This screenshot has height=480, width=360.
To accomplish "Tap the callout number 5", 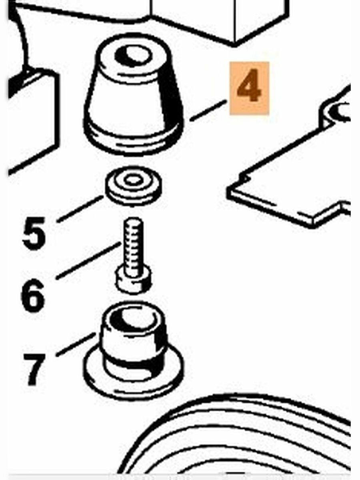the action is [34, 233].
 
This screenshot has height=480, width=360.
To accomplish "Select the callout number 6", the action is [33, 295].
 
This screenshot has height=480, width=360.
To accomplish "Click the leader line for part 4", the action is [208, 110].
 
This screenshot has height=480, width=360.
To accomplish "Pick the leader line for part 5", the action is [80, 209].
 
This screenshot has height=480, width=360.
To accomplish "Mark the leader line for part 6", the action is [88, 260].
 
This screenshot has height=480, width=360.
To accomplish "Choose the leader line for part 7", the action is [76, 345].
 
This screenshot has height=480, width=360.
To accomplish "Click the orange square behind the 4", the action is [249, 88].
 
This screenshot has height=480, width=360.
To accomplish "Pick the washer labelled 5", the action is [133, 186].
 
